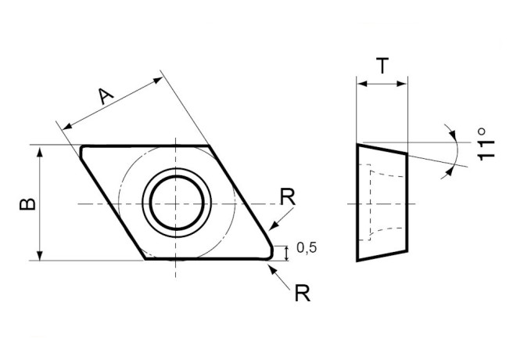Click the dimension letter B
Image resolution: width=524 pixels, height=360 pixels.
click(x=26, y=203)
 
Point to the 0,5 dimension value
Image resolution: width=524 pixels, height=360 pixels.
click(x=307, y=249)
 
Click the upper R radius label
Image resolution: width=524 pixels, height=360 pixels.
click(x=288, y=196)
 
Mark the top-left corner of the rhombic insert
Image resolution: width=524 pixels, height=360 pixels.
click(x=82, y=146)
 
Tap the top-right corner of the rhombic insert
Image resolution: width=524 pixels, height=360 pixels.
click(x=211, y=146)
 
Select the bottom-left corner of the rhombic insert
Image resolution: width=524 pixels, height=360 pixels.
click(x=146, y=258)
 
